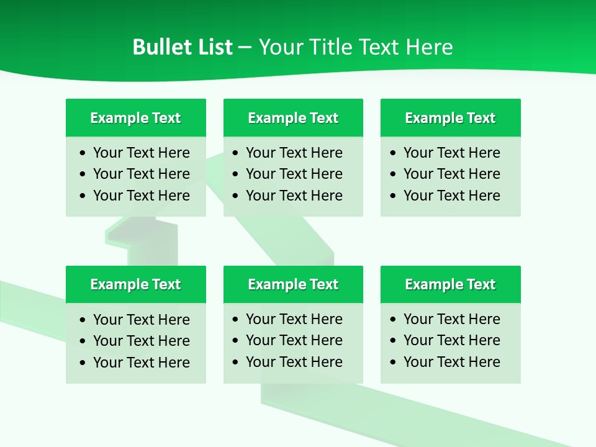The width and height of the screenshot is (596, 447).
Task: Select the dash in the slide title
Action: click(245, 48)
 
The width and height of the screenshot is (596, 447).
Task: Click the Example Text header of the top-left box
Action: click(135, 118)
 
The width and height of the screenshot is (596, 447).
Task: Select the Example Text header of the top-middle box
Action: click(293, 118)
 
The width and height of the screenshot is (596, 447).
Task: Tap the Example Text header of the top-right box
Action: click(450, 118)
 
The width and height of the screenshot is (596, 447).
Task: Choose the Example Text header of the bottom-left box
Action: click(135, 284)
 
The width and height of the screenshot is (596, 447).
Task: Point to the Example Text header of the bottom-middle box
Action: click(293, 284)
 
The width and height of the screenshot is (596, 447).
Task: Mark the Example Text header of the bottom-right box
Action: click(450, 284)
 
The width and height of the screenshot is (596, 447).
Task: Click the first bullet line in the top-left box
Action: click(141, 153)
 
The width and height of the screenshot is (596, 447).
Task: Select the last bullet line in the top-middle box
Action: click(294, 196)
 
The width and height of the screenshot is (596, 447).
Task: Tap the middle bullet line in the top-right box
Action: click(451, 174)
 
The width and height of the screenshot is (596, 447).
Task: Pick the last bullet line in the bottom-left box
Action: click(141, 363)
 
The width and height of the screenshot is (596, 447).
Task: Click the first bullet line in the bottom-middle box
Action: click(294, 319)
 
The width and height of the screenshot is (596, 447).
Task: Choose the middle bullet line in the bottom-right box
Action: click(451, 340)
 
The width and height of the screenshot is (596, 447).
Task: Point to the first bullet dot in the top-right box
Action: click(394, 153)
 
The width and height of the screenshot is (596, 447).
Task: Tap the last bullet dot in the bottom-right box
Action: click(394, 363)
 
